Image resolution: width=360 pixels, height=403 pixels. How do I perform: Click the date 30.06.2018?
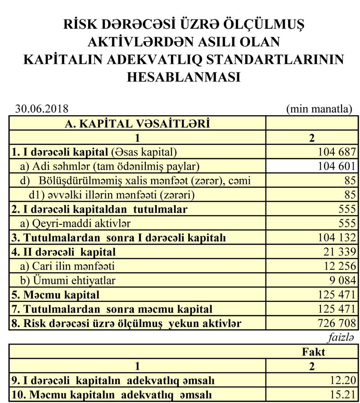click(42, 109)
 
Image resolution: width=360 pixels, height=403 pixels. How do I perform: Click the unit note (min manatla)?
click(319, 109)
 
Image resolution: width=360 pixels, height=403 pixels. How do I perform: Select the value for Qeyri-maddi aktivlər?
click(347, 223)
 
